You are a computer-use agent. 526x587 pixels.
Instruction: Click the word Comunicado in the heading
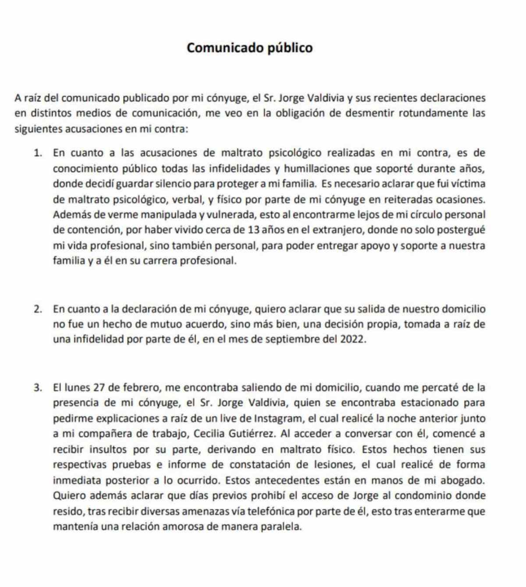click(225, 48)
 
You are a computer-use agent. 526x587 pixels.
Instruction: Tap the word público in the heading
click(291, 48)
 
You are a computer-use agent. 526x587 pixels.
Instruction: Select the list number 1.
click(38, 153)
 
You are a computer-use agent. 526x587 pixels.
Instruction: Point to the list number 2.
click(38, 309)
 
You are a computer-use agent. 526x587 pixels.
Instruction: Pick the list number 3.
click(38, 388)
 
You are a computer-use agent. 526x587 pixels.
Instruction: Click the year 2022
click(352, 340)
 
